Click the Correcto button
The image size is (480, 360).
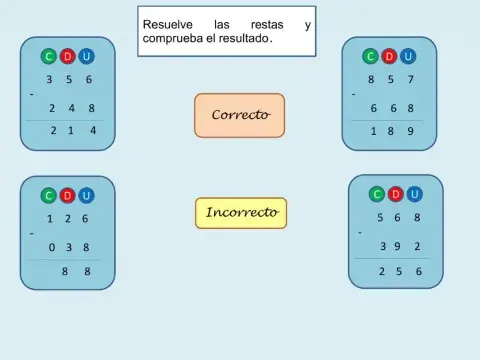(x=239, y=115)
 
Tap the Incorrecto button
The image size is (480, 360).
(x=240, y=213)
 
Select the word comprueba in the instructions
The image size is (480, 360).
(x=176, y=39)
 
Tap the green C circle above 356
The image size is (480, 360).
(x=49, y=56)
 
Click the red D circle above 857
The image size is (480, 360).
(x=389, y=56)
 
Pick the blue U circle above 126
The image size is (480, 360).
(x=86, y=195)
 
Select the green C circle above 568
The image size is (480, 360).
(x=377, y=194)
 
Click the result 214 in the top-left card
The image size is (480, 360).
(x=71, y=130)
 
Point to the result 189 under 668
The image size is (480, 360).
(x=390, y=130)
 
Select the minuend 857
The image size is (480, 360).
(x=390, y=79)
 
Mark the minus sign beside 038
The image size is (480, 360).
(x=31, y=233)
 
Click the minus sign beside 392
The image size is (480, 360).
(x=360, y=232)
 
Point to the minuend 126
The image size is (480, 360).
(x=68, y=219)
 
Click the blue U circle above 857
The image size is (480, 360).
(x=408, y=56)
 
